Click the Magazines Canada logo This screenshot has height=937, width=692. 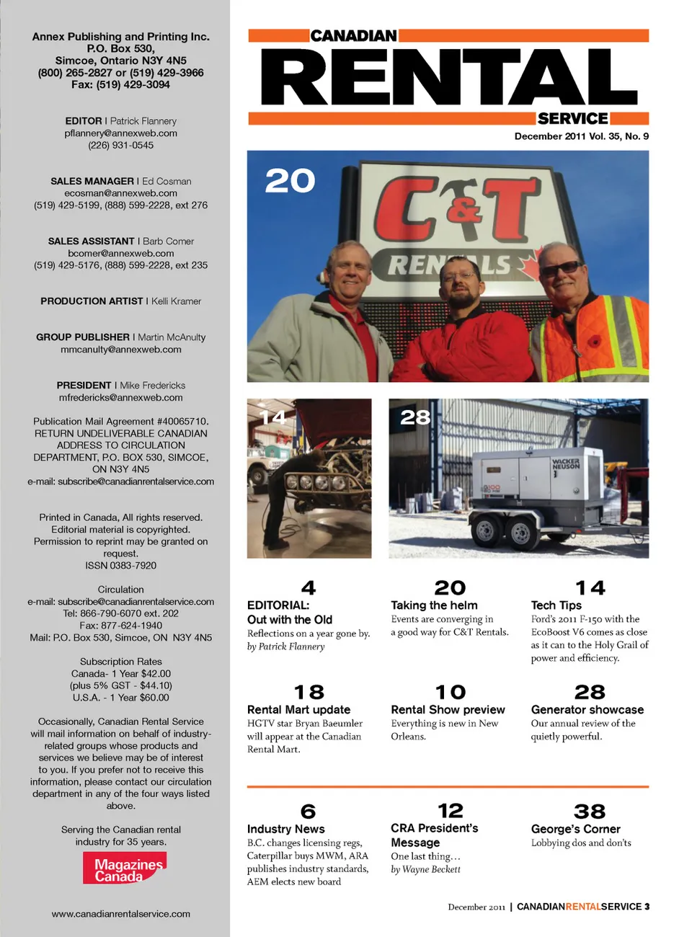click(x=123, y=868)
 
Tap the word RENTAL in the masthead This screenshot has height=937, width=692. click(x=448, y=78)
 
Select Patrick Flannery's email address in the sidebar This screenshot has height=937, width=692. click(x=120, y=133)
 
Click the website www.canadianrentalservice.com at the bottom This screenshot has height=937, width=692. click(x=120, y=914)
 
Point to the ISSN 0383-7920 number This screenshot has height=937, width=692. click(x=120, y=566)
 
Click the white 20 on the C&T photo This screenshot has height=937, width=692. click(x=290, y=180)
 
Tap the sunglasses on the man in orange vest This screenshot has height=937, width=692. click(x=560, y=269)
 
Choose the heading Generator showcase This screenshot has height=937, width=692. click(x=587, y=710)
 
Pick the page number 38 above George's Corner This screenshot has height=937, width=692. click(x=589, y=811)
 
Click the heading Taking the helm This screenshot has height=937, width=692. click(x=434, y=605)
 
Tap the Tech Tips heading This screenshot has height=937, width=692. click(x=556, y=605)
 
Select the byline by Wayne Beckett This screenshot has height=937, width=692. click(x=425, y=869)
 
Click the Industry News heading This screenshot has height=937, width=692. click(x=285, y=829)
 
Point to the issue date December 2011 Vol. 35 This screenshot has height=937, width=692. click(x=581, y=136)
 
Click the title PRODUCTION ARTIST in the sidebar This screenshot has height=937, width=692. click(x=92, y=301)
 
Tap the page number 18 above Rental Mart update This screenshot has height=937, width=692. click(x=309, y=692)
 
